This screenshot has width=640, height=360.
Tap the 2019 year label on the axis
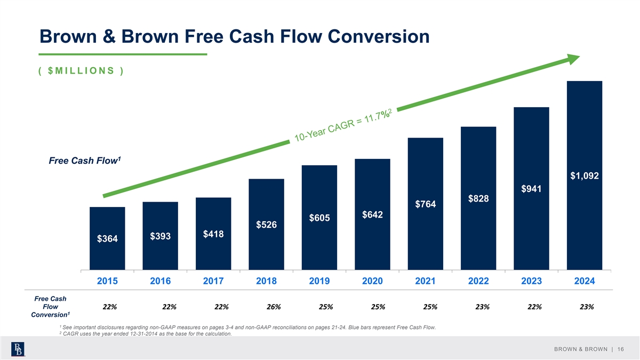coord(319,281)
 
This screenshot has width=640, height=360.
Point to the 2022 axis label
coord(478,281)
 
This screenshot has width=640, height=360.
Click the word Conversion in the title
coord(370,36)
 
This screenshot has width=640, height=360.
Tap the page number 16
coord(620,349)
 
